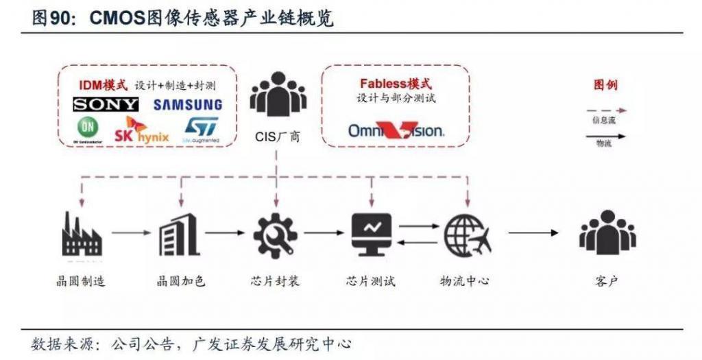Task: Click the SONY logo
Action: point(106,104)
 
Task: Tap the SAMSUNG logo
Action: point(188,105)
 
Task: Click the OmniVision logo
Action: point(396,130)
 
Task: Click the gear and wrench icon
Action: point(276,234)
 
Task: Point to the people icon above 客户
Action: point(607,234)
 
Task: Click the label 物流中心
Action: point(464,281)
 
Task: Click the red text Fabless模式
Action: point(396,84)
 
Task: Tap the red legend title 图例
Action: point(605,86)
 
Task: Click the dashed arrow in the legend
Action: point(605,110)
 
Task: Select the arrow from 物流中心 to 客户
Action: point(533,233)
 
